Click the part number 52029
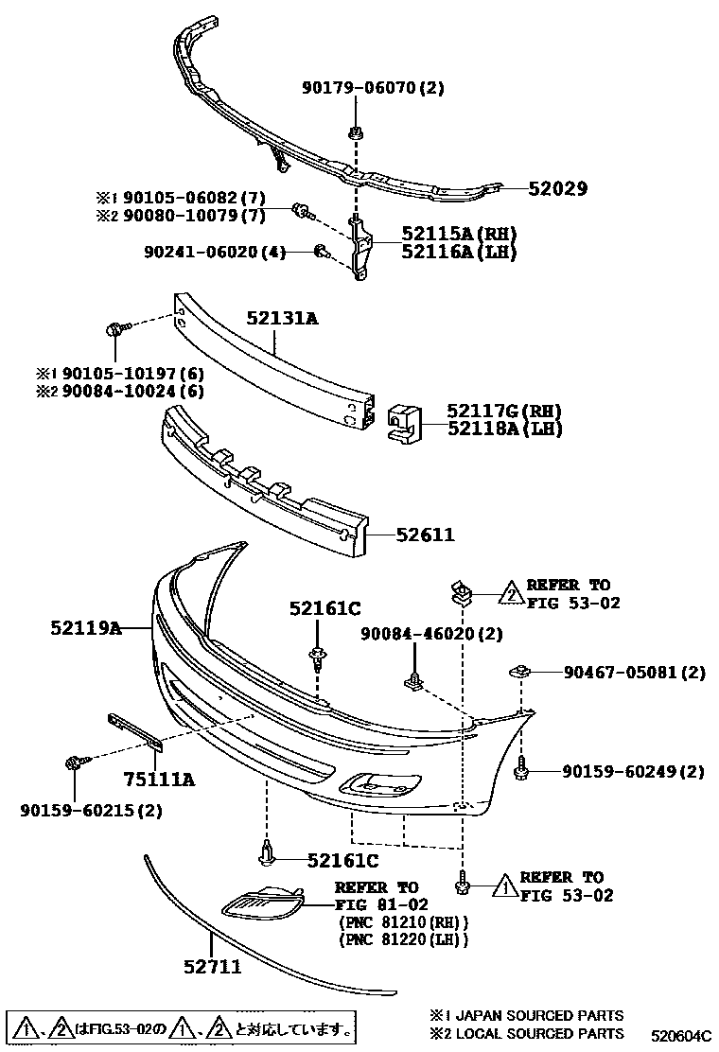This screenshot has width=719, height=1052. pos(557,189)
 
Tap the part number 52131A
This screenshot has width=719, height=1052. pos(283,319)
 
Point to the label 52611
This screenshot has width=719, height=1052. pos(425,535)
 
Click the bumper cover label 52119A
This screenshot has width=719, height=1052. pos(86,627)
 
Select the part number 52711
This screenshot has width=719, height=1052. pos(212,967)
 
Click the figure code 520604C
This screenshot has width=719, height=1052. pos(680,1036)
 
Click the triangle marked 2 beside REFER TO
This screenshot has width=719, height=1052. pos(510,594)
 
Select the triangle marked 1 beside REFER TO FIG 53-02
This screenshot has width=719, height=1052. pos(504,886)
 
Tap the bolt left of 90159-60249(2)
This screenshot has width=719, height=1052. pos(519,772)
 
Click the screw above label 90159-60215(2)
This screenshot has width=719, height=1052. pos(75,763)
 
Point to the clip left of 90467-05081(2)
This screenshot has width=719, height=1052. pos(517,673)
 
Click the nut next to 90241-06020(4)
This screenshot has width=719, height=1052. pos(321,252)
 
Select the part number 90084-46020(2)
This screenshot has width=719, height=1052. pos(430,634)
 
